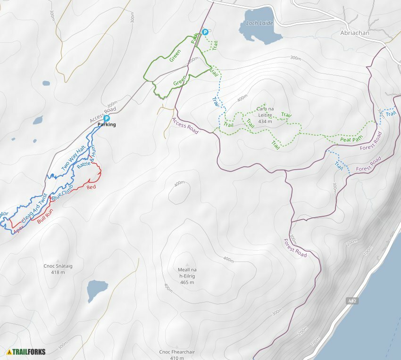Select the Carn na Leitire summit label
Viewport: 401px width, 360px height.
click(265, 115)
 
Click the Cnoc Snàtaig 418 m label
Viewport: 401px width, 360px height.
click(58, 269)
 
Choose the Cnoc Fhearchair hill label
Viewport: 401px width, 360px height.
click(177, 355)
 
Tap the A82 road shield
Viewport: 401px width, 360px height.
click(351, 301)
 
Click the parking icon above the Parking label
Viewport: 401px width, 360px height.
click(107, 118)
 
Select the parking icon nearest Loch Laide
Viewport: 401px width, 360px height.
click(205, 32)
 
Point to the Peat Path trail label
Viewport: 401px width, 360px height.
click(351, 139)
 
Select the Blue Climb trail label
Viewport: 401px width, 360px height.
click(62, 193)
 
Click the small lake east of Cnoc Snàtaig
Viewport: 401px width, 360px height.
click(97, 288)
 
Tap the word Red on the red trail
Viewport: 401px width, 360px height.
click(91, 188)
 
